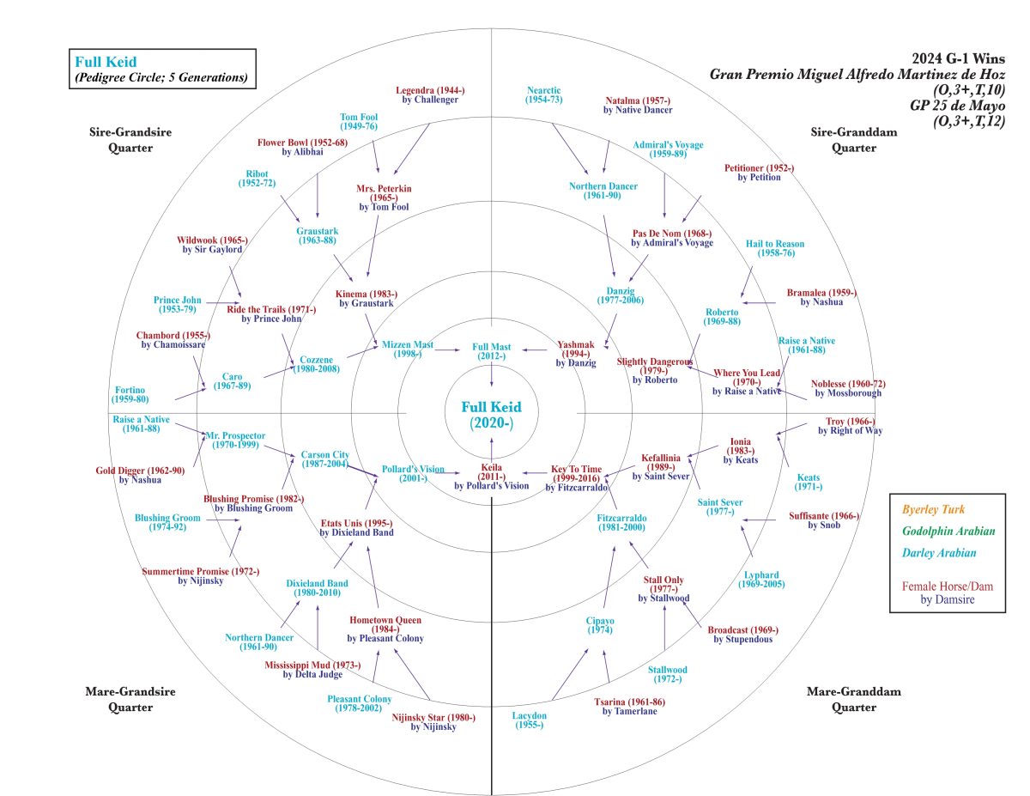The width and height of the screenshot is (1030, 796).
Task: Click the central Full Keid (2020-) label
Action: pyautogui.click(x=491, y=415)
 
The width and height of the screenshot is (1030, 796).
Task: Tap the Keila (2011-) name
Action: pyautogui.click(x=492, y=471)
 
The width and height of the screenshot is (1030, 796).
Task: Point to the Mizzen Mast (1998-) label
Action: pyautogui.click(x=408, y=349)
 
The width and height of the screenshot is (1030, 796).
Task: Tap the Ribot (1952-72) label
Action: pyautogui.click(x=257, y=178)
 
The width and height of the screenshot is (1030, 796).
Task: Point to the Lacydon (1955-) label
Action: pyautogui.click(x=530, y=720)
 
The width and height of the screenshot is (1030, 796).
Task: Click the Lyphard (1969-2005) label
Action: pyautogui.click(x=761, y=580)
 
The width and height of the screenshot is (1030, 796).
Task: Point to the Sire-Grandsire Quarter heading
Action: pyautogui.click(x=121, y=140)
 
